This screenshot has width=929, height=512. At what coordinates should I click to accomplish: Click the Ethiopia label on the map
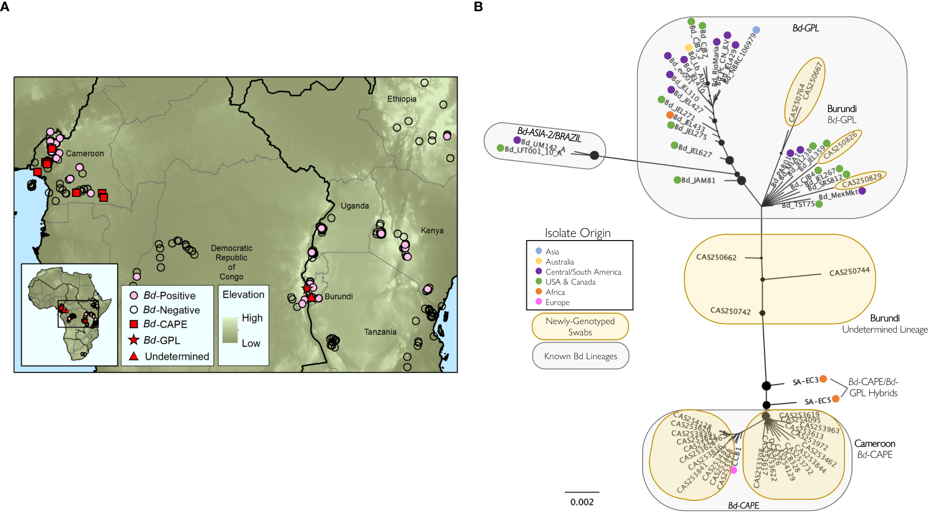402,99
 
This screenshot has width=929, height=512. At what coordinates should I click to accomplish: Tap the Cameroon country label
85,153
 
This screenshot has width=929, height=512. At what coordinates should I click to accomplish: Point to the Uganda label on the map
355,206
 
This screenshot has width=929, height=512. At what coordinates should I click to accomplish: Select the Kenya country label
432,230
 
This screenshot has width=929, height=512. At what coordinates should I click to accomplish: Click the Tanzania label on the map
380,332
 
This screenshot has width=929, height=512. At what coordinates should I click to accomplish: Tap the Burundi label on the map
338,296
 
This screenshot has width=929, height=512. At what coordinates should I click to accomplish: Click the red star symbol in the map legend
134,340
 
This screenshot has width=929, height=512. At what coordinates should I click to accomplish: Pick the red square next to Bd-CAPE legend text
134,324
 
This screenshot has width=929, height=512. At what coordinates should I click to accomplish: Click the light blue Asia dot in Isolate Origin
538,251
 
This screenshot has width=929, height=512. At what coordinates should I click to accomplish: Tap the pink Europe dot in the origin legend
538,302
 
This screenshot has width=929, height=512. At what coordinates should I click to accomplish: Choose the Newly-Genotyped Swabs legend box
580,326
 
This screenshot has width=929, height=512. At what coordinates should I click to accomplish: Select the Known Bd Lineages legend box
580,356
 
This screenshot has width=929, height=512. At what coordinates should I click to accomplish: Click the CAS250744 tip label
849,272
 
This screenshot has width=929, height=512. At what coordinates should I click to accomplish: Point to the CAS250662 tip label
716,257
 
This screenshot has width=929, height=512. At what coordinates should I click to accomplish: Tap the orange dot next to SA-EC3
823,379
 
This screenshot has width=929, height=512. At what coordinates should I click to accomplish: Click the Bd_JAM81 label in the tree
698,180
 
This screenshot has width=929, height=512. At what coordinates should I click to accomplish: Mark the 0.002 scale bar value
582,502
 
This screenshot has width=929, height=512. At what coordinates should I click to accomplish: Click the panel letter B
478,7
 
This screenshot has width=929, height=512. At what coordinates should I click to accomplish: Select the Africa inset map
69,314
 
